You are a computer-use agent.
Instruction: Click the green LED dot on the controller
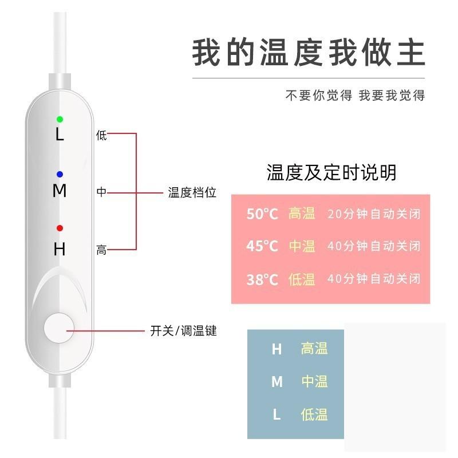tap(60, 119)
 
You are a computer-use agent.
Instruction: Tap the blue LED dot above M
tap(60, 174)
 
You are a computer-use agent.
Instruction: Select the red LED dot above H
tap(60, 228)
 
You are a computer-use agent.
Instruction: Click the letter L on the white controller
tap(60, 135)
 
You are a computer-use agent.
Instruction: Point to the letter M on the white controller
tap(60, 191)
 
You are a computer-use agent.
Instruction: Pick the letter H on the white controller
tap(60, 250)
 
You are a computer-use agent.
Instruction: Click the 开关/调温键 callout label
tap(183, 331)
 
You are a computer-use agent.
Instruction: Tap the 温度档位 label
tap(192, 193)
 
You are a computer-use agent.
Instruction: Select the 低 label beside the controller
tap(101, 136)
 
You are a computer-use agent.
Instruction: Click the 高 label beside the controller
tap(101, 250)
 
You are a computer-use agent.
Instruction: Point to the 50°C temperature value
tap(262, 214)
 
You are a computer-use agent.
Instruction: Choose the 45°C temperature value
tap(262, 246)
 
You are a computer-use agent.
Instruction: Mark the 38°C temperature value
tap(262, 279)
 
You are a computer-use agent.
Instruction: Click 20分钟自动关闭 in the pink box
tap(374, 214)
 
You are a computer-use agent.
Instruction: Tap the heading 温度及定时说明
tap(331, 172)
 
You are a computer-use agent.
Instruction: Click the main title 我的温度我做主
tap(309, 53)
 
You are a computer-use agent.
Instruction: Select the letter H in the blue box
tap(277, 349)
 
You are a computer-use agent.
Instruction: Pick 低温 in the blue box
tap(314, 414)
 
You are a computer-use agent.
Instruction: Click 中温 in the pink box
tap(302, 246)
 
